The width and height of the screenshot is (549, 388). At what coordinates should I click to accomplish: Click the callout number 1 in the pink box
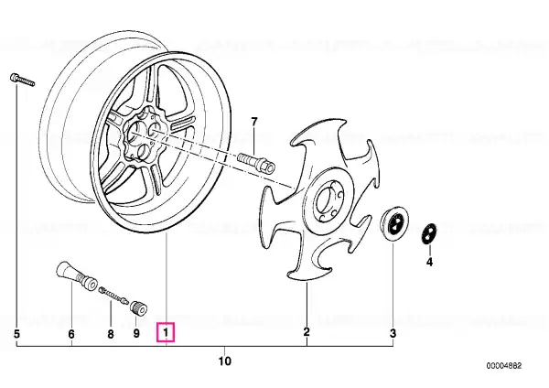coord(166,332)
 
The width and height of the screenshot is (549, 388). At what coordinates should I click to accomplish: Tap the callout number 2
coord(307,331)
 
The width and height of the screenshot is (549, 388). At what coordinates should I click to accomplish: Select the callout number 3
coord(393,333)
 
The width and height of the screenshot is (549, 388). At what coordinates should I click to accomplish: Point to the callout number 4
coord(429,262)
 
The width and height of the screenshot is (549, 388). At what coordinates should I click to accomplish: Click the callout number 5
coord(16,334)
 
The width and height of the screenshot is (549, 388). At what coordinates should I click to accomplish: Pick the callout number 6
coord(71,334)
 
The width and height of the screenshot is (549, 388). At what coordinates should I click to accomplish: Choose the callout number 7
coord(254,122)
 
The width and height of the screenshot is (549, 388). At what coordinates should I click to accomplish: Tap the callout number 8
coord(111,334)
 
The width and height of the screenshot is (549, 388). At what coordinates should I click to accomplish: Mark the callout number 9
coord(136,333)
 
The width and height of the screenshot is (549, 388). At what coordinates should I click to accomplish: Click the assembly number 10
coord(224,361)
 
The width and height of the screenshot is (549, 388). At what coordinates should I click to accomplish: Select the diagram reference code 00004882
coord(504,366)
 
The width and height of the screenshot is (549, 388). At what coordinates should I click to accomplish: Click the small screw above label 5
coord(22,80)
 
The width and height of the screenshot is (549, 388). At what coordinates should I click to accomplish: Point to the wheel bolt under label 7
coord(256,161)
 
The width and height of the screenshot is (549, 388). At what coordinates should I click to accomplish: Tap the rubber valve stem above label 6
coord(77,275)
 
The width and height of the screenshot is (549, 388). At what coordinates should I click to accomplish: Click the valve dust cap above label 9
coord(139,307)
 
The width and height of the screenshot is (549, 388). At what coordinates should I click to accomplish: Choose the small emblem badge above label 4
coord(428,233)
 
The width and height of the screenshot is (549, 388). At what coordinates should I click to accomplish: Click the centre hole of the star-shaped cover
coord(326,200)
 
